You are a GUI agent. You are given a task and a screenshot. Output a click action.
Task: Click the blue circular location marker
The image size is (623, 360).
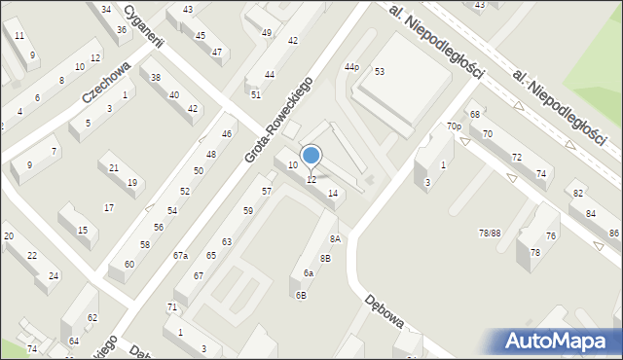click(311, 155)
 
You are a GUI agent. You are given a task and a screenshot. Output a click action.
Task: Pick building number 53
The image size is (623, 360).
click(380, 72)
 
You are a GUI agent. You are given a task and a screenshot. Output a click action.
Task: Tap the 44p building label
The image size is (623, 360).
click(351, 66)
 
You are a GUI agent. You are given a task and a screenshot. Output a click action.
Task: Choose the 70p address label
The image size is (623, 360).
click(454, 126)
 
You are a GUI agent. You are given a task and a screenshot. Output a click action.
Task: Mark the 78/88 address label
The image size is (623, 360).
click(490, 233)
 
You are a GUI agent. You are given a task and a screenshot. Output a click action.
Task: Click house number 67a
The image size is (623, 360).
click(180, 255)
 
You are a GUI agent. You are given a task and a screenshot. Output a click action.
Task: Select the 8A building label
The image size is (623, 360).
click(334, 238)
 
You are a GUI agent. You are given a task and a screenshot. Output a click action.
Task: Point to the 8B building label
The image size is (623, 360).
click(325, 258)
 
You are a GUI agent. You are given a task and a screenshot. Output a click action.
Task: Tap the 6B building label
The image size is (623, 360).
click(301, 295)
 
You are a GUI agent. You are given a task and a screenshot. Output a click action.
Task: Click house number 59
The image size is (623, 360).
click(248, 211)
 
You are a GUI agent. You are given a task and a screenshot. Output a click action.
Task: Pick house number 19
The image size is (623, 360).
click(132, 183)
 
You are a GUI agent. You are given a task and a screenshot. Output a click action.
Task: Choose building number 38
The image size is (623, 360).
click(156, 77)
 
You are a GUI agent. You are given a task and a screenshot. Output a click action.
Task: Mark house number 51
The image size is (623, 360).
click(256, 94)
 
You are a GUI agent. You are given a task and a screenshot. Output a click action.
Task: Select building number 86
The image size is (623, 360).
click(613, 234)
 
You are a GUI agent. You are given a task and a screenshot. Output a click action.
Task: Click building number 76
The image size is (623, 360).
click(551, 236)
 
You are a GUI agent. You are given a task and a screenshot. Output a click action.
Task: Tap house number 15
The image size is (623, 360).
click(83, 231)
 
